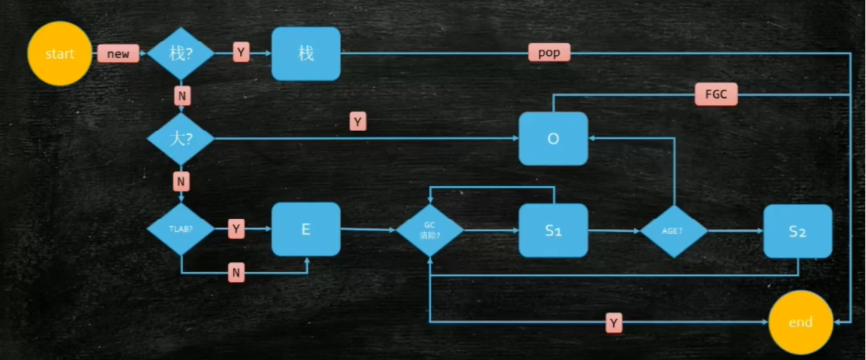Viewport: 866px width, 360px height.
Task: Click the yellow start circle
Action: click(59, 54)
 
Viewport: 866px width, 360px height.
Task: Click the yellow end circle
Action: click(800, 322)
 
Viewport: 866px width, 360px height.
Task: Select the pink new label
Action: click(118, 54)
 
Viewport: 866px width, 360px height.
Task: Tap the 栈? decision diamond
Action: click(181, 54)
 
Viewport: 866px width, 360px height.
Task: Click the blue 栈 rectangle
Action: click(306, 54)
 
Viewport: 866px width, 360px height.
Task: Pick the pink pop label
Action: click(549, 52)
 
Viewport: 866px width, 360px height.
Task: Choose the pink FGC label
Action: click(716, 95)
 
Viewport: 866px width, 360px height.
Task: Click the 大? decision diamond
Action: click(181, 139)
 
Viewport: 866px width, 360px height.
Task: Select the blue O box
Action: click(553, 139)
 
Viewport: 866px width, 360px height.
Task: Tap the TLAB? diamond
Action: click(181, 229)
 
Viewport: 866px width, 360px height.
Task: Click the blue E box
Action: click(306, 229)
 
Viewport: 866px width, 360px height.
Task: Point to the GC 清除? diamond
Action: click(429, 230)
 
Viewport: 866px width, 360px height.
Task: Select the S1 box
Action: click(553, 230)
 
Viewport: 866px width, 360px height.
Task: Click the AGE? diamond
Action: click(674, 231)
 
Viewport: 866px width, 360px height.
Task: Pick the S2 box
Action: click(798, 231)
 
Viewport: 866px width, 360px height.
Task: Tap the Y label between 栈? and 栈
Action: click(241, 53)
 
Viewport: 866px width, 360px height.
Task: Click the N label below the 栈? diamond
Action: click(181, 95)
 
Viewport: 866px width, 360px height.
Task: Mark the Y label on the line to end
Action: click(614, 323)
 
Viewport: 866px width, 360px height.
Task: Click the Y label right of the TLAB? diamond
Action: click(236, 229)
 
